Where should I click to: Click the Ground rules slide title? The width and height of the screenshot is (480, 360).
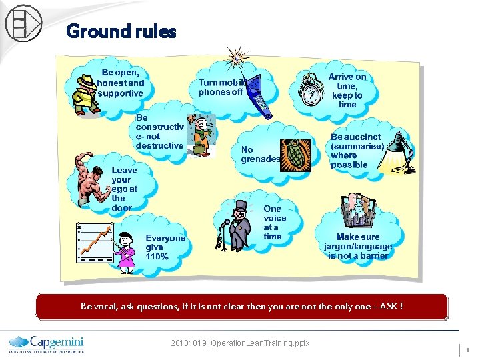121,31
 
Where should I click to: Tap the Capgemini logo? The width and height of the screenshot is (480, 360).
47,342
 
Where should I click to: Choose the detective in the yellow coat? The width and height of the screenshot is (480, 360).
85,94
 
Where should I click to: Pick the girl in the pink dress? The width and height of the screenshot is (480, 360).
125,251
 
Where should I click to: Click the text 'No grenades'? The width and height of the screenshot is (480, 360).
260,155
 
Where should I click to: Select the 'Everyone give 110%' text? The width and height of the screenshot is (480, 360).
165,247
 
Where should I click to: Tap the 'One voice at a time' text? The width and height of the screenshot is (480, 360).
274,222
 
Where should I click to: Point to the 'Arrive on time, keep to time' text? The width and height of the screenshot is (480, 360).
347,91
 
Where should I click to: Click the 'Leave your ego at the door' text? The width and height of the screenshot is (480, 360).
123,189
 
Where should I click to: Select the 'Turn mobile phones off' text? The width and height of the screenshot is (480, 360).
222,87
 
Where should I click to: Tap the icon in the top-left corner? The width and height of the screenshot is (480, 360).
23,23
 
